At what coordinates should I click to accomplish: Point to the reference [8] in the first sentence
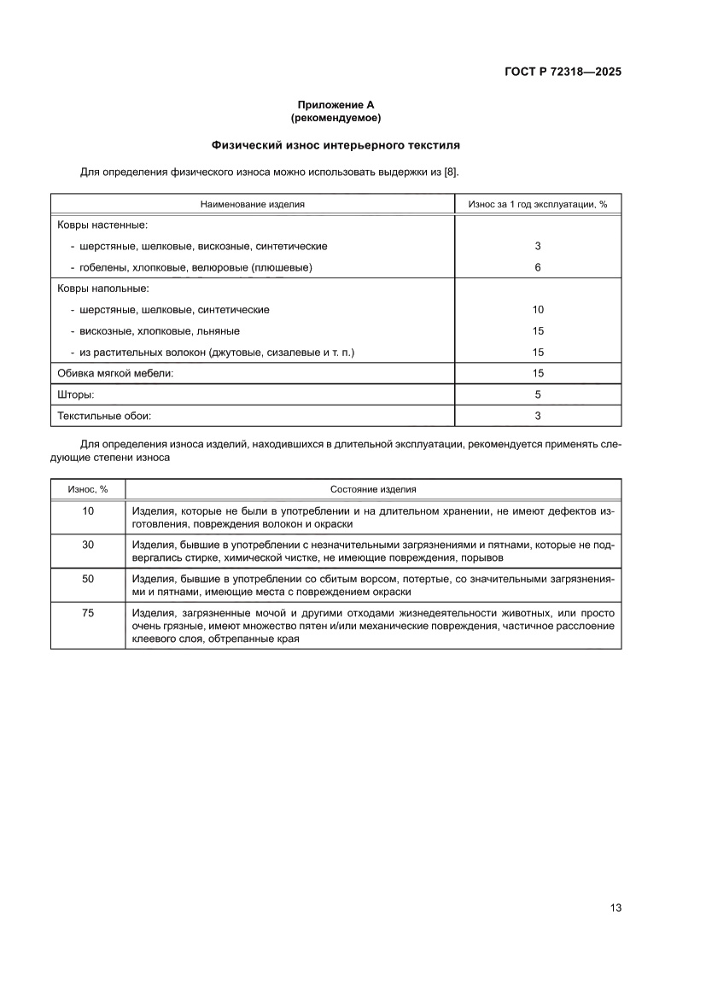point(450,172)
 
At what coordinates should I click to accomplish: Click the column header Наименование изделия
point(253,204)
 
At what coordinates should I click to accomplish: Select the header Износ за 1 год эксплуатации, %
point(538,204)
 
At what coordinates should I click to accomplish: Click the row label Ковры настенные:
point(102,225)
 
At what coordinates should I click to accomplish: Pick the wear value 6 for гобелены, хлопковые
point(538,267)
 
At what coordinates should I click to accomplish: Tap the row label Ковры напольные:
point(103,289)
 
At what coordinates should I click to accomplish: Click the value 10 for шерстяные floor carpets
point(538,310)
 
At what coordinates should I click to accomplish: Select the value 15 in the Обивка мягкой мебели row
point(538,373)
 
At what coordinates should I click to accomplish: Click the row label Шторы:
point(76,394)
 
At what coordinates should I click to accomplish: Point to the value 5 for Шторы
point(538,394)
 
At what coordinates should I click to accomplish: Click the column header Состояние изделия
point(373,489)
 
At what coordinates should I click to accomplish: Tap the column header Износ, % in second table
point(88,489)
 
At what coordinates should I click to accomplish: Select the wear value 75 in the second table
point(88,612)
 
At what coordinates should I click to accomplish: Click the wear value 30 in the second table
point(88,544)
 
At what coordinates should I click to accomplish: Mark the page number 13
point(615,908)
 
